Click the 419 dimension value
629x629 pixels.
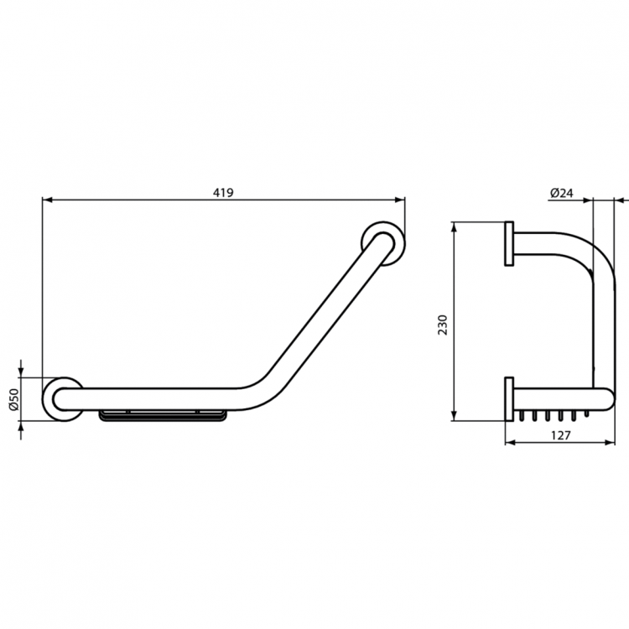[222, 192]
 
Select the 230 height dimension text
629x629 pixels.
[444, 323]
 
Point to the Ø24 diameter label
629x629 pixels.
[561, 192]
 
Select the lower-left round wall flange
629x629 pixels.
[63, 400]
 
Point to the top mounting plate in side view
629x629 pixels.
[509, 244]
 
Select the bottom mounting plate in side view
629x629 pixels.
[509, 398]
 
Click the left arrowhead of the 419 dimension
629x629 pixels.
[47, 200]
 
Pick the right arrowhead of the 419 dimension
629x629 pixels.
[400, 200]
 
